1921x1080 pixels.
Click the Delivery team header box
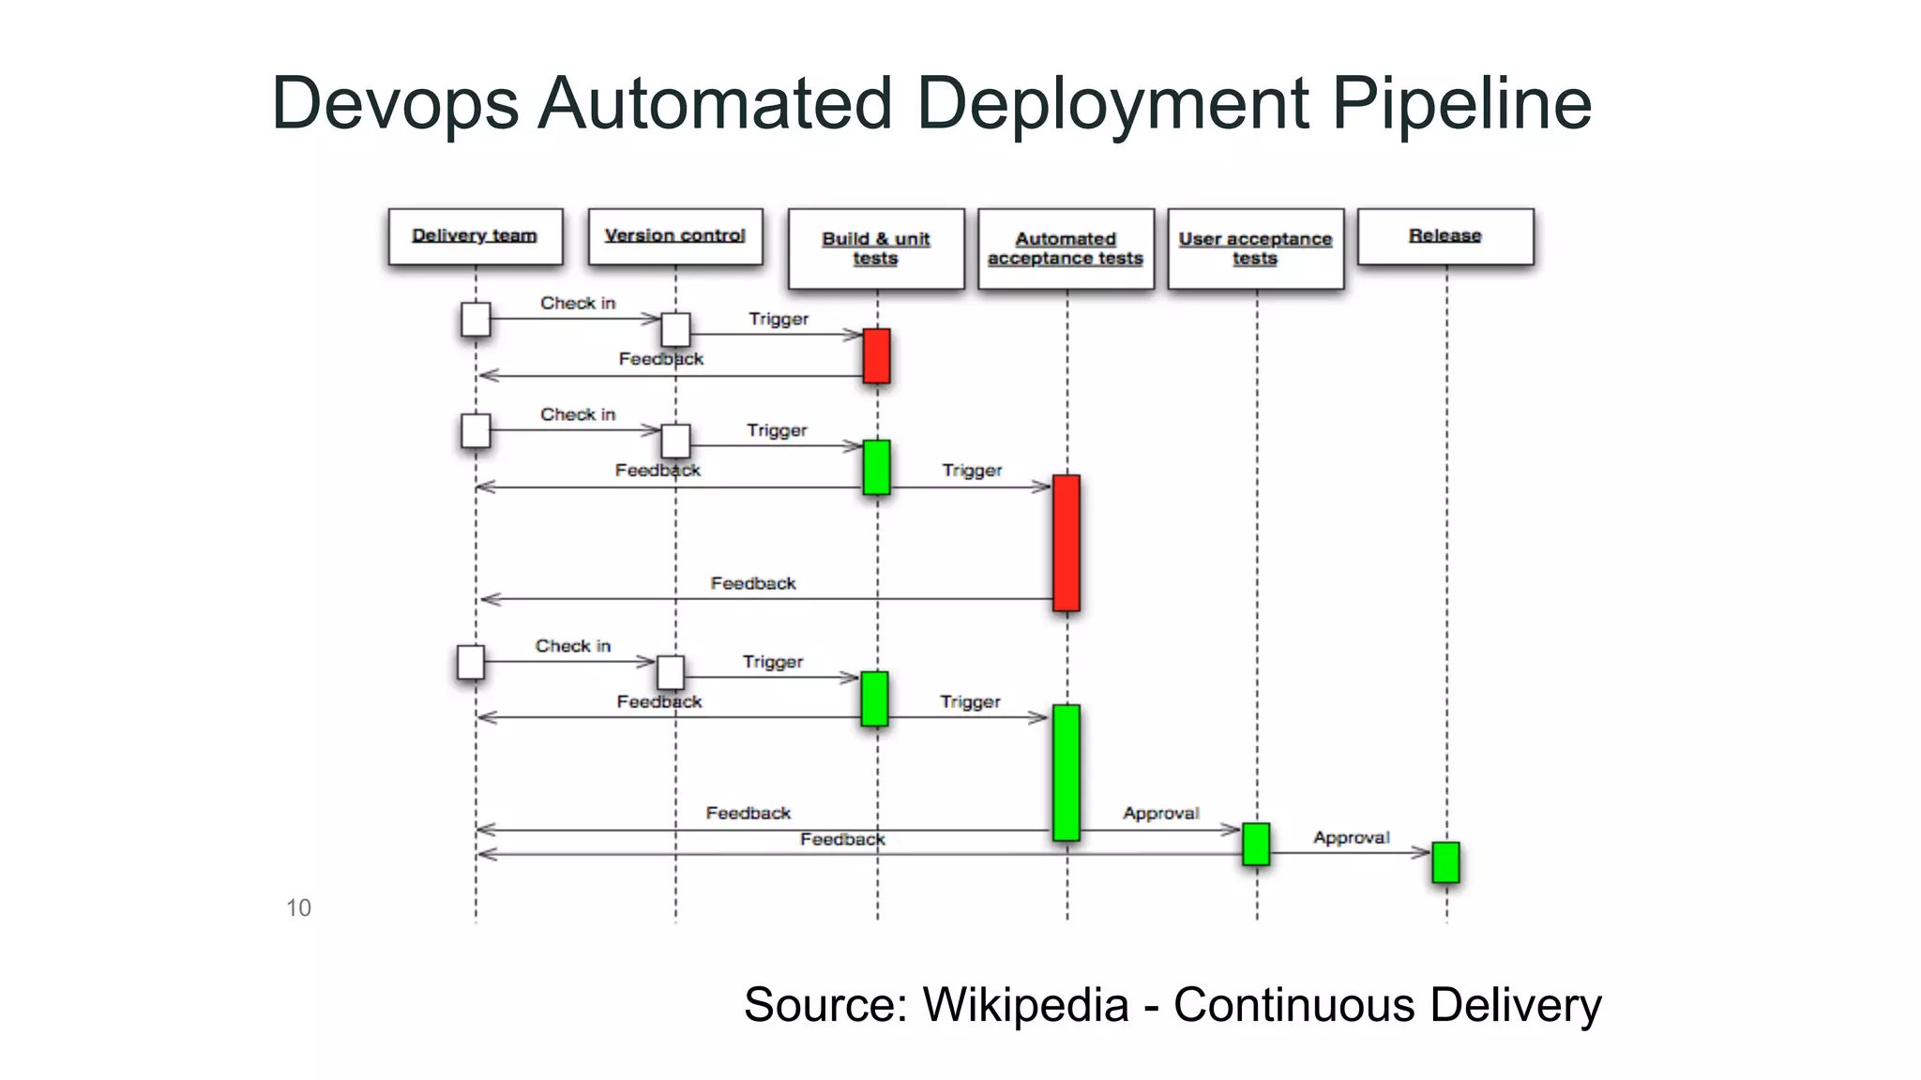[476, 236]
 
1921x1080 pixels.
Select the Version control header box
[675, 236]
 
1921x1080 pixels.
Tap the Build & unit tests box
[876, 248]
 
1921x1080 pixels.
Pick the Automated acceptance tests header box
[1066, 248]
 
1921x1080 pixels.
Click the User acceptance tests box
[1255, 248]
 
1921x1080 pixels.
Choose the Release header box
[1445, 236]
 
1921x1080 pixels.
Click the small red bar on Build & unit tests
[876, 355]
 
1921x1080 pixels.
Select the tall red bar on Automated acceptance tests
[1066, 543]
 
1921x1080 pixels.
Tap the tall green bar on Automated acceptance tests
[1066, 772]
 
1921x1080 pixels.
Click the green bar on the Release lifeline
[1445, 862]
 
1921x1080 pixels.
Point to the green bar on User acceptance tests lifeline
[1256, 844]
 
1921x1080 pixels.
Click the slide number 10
[298, 907]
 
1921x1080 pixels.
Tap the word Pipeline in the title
[1461, 103]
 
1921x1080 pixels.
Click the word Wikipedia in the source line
[1025, 1005]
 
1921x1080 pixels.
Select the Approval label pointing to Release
[1351, 837]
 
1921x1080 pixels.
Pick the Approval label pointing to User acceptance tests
[1160, 813]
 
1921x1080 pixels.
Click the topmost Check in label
[578, 303]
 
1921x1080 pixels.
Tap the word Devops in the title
[395, 103]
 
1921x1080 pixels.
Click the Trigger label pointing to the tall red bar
[972, 470]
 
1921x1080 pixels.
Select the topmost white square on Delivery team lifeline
[476, 320]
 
